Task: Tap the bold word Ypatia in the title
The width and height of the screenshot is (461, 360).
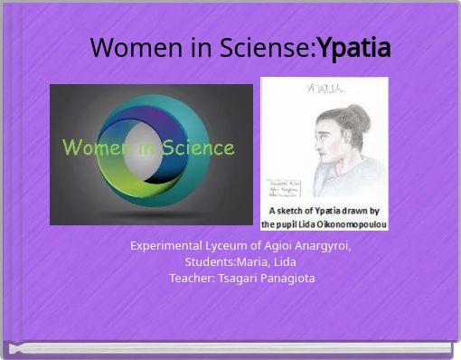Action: (353, 49)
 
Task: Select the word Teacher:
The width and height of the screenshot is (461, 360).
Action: (192, 278)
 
